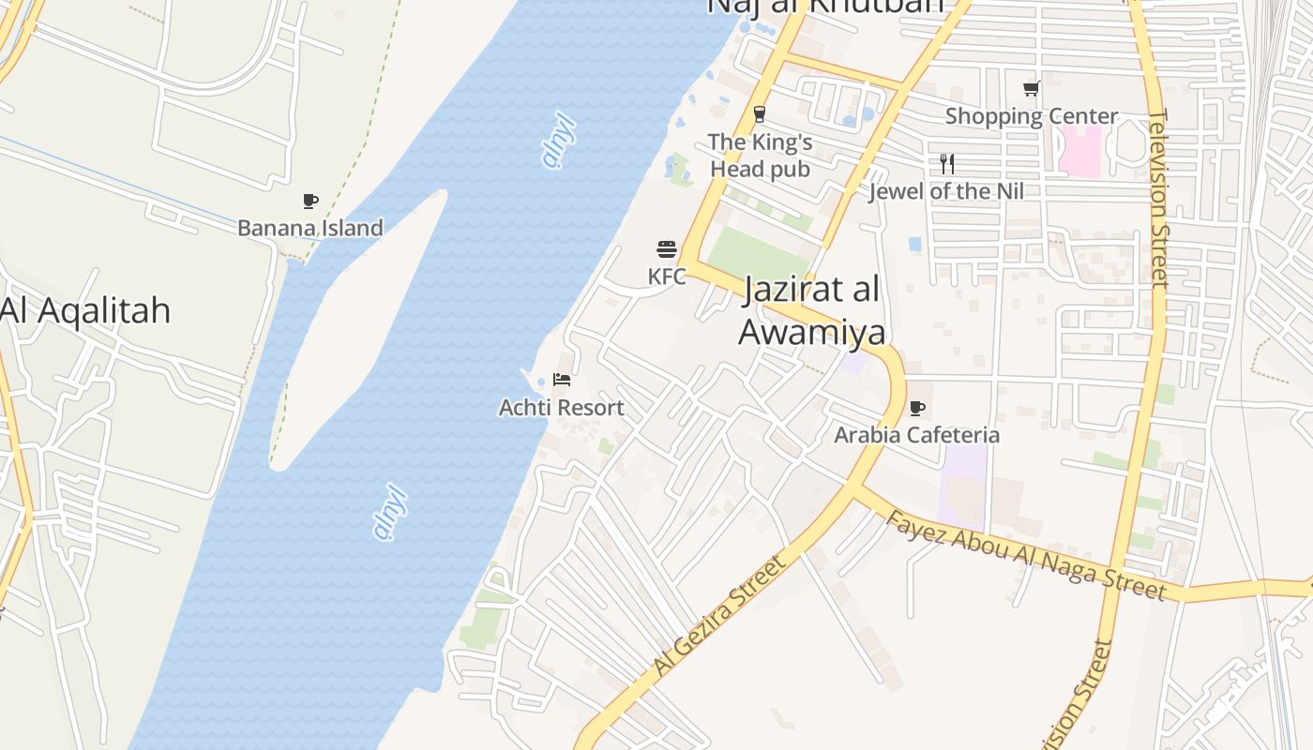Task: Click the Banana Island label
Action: (309, 228)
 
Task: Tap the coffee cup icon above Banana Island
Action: (310, 201)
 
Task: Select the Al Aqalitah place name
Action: (85, 309)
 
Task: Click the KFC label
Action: (667, 277)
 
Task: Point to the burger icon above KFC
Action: (667, 249)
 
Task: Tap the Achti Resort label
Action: (561, 408)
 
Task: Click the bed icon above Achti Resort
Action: (562, 380)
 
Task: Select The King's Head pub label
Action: (760, 156)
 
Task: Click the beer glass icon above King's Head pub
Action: (760, 114)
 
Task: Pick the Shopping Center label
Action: (1032, 116)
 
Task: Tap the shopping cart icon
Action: (1032, 89)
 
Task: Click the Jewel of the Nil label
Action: (946, 191)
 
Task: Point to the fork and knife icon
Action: (947, 164)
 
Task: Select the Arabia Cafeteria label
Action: (916, 435)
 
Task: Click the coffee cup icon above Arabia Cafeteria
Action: (916, 408)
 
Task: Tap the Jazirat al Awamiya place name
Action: (812, 310)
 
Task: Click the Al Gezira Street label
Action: (719, 615)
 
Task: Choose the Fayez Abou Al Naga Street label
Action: (1026, 555)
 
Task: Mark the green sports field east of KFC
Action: (757, 255)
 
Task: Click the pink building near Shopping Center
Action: (1080, 150)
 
